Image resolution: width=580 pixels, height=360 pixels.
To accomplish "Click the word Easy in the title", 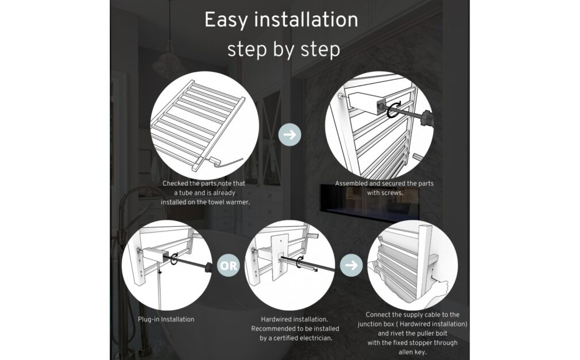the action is click(226, 20).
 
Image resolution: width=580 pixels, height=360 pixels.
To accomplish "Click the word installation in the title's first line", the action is click(306, 20).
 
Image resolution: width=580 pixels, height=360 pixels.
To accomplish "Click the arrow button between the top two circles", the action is click(289, 135).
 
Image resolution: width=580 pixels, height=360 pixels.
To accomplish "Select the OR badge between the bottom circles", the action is click(228, 265).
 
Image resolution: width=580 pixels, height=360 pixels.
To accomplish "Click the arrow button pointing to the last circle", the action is click(351, 265).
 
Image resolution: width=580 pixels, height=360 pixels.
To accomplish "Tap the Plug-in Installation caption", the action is click(166, 319).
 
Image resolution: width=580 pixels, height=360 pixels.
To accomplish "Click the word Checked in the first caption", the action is click(176, 183).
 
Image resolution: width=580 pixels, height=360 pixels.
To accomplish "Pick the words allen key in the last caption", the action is click(412, 352).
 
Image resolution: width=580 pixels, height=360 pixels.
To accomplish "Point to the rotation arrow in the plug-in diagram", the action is click(174, 258).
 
